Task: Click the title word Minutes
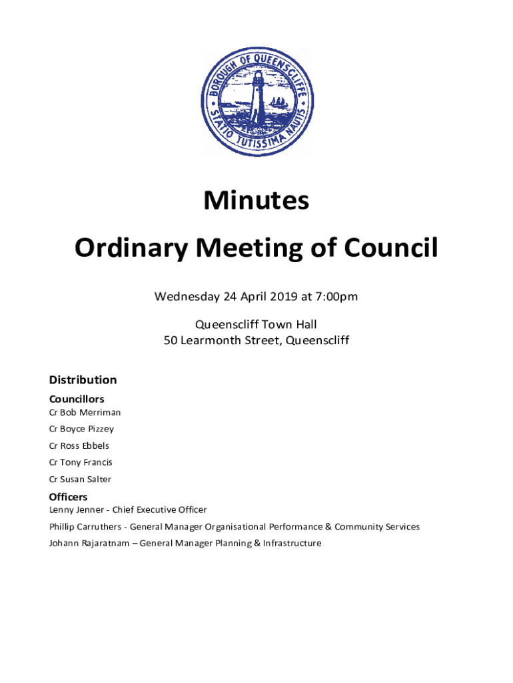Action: pyautogui.click(x=256, y=200)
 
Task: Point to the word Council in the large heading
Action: pyautogui.click(x=391, y=249)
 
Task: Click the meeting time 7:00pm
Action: pyautogui.click(x=335, y=296)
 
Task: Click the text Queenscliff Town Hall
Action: pyautogui.click(x=256, y=325)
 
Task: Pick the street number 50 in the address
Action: pyautogui.click(x=171, y=341)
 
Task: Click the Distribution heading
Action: pyautogui.click(x=83, y=380)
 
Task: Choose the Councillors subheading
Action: pyautogui.click(x=77, y=399)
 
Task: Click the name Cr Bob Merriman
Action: pyautogui.click(x=85, y=412)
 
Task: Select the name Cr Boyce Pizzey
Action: pyautogui.click(x=81, y=429)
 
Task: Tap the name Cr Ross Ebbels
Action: pyautogui.click(x=79, y=446)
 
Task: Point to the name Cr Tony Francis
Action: pyautogui.click(x=81, y=462)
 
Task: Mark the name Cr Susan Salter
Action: pyautogui.click(x=80, y=479)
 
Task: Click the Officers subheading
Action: pyautogui.click(x=68, y=497)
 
